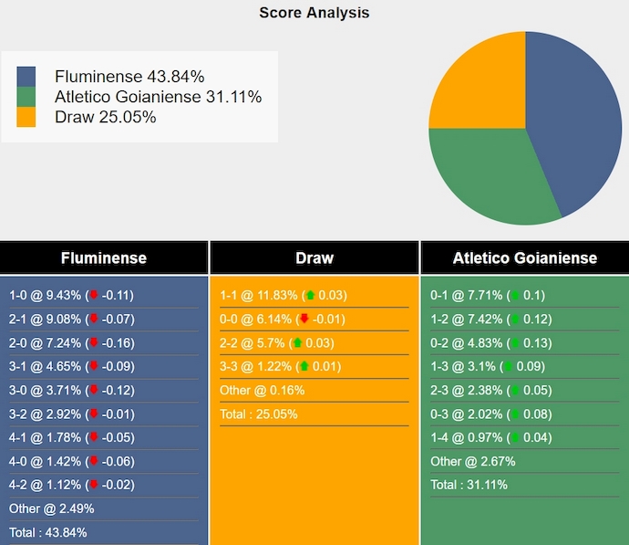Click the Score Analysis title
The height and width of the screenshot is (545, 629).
click(314, 13)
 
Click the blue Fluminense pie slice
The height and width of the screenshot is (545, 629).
click(574, 119)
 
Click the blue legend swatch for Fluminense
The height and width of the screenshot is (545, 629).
click(26, 76)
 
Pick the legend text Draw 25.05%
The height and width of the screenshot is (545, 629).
click(105, 117)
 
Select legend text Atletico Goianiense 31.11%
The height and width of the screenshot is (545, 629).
click(158, 97)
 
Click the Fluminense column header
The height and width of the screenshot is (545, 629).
click(103, 257)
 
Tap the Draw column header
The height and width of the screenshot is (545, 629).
click(314, 257)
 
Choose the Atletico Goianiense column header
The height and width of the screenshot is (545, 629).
click(524, 257)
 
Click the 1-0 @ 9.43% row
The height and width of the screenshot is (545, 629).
click(71, 296)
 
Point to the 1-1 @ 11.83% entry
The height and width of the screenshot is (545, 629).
click(283, 296)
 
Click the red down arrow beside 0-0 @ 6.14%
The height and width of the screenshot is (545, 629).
click(304, 320)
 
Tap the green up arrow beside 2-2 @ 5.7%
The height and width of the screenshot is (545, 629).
click(298, 343)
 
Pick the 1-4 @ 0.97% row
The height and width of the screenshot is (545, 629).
click(489, 437)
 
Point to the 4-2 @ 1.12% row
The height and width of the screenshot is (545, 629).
click(71, 485)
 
